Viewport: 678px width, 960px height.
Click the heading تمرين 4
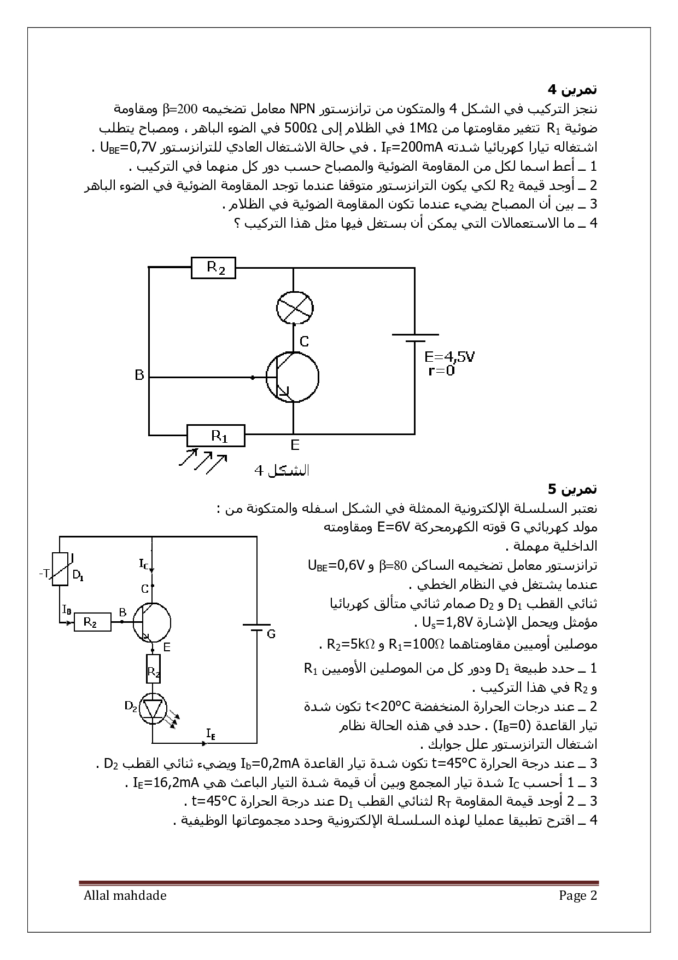tap(572, 89)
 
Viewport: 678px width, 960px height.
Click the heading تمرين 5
tap(572, 488)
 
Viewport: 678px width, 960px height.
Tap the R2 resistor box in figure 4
tap(213, 268)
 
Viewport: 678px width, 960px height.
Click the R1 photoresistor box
tap(216, 436)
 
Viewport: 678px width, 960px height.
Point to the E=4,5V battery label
tap(449, 357)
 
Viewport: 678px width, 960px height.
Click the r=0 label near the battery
tap(441, 371)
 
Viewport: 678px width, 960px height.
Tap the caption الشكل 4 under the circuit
tap(282, 471)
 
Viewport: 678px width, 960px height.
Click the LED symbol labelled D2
tap(153, 709)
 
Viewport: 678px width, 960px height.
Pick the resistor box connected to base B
tap(92, 622)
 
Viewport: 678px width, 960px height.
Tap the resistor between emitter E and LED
tap(154, 669)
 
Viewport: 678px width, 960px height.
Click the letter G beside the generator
tap(271, 634)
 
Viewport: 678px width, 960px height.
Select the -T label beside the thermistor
tap(44, 572)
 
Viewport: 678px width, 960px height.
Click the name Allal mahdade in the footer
tap(125, 895)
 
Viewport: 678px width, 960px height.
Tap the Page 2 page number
tap(578, 895)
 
